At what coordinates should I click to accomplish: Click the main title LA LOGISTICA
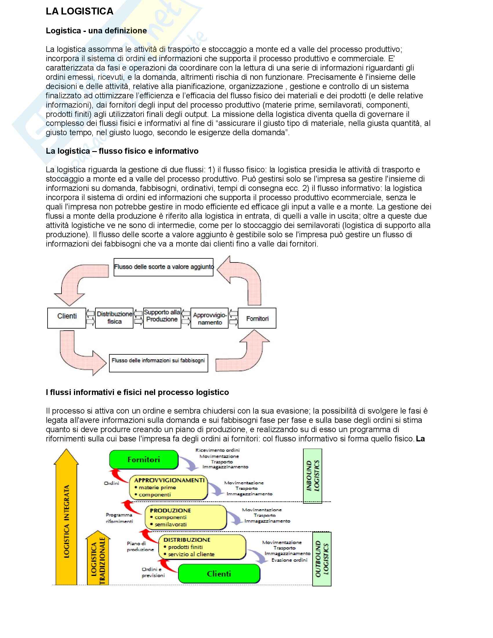click(79, 11)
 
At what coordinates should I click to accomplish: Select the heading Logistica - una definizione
click(96, 31)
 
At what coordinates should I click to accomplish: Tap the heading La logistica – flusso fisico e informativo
click(122, 151)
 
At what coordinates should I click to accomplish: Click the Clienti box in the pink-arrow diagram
click(67, 318)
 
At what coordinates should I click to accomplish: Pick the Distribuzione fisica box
click(114, 318)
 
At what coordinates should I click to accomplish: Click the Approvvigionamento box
click(209, 318)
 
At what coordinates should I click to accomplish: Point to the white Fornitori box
click(257, 318)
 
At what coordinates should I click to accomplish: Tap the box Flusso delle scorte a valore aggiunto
click(163, 267)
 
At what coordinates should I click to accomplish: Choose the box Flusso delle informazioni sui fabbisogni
click(158, 363)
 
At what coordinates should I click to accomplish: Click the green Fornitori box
click(144, 460)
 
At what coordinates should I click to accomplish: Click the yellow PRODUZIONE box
click(186, 517)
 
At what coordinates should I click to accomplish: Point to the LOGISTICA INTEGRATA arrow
click(66, 520)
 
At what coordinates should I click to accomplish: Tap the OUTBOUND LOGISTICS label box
click(322, 559)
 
